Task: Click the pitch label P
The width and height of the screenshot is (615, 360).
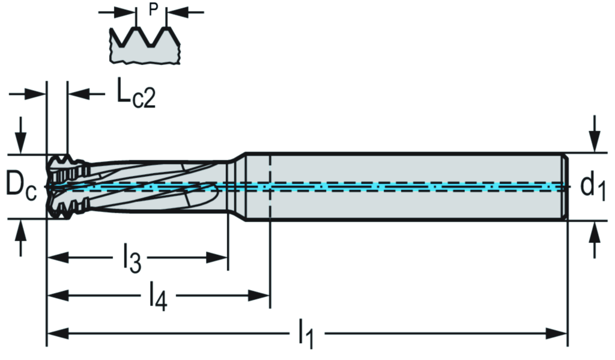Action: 152,10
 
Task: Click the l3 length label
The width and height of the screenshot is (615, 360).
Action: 132,259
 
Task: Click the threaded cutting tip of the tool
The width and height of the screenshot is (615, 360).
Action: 62,186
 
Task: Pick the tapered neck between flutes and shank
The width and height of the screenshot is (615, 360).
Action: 238,186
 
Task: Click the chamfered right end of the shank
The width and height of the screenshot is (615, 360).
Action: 565,186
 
